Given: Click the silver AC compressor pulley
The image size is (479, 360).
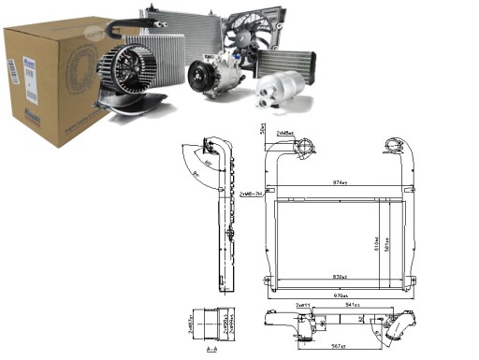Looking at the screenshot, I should point(205,74).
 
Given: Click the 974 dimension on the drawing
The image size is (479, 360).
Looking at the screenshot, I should point(341,182).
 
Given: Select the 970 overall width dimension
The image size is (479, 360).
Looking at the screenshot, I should point(341,296).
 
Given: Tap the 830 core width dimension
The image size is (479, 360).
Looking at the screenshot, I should point(340,278).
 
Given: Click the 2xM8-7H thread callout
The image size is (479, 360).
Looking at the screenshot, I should point(249,193).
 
